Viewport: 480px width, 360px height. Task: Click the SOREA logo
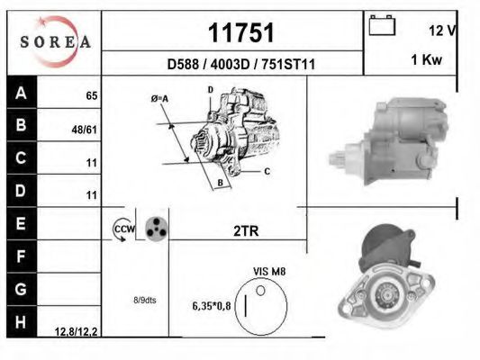[x=55, y=41]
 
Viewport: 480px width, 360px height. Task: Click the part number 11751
[x=241, y=32]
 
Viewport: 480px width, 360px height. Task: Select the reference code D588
[x=183, y=64]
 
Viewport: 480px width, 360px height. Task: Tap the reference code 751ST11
[x=288, y=64]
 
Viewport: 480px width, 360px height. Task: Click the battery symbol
[x=382, y=25]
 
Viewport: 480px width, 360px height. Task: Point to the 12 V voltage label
[x=442, y=31]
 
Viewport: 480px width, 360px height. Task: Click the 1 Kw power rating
[x=427, y=59]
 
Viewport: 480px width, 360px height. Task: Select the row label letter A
[x=21, y=93]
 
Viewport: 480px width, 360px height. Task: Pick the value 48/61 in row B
[x=84, y=130]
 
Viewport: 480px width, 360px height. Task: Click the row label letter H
[x=21, y=322]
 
